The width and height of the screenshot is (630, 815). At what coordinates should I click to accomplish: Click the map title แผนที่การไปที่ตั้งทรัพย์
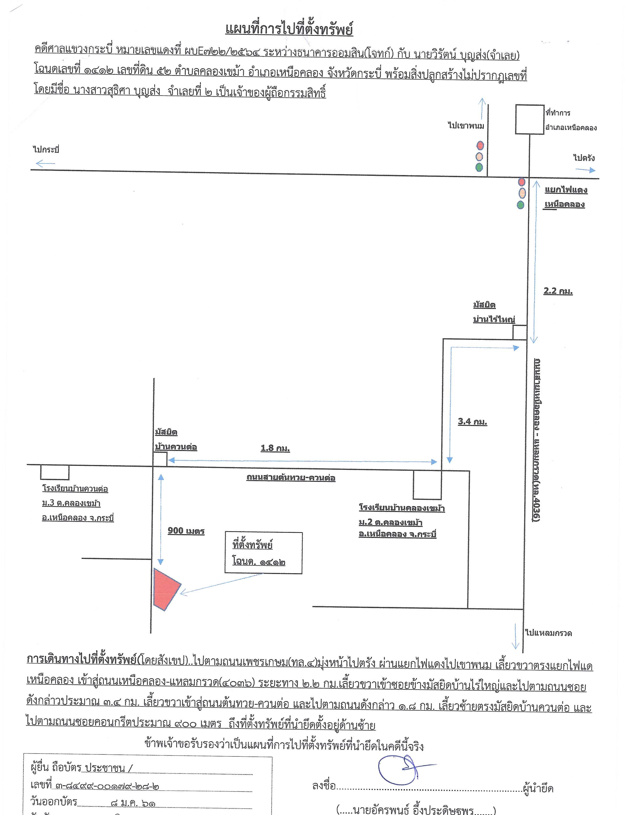pyautogui.click(x=289, y=29)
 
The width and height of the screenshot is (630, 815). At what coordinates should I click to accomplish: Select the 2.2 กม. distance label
pyautogui.click(x=558, y=291)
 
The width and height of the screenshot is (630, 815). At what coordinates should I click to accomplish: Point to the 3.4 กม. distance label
pyautogui.click(x=472, y=422)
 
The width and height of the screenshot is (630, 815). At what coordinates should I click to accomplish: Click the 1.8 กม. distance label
pyautogui.click(x=275, y=448)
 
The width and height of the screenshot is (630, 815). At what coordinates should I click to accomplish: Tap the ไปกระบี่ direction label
pyautogui.click(x=46, y=150)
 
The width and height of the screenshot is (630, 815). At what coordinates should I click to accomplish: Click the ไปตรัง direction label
pyautogui.click(x=584, y=158)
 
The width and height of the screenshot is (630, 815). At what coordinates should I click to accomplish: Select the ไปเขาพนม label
pyautogui.click(x=466, y=125)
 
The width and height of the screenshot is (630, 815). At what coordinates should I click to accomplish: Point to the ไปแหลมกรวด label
pyautogui.click(x=548, y=633)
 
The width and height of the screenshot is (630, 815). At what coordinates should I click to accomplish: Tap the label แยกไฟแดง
pyautogui.click(x=566, y=190)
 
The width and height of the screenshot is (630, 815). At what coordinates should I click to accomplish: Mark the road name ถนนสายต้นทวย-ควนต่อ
pyautogui.click(x=291, y=478)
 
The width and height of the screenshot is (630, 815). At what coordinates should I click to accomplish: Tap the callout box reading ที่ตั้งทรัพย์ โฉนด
pyautogui.click(x=264, y=553)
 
